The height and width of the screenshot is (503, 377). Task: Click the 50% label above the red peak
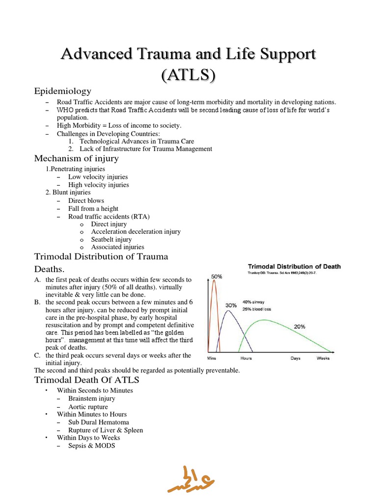click(216, 277)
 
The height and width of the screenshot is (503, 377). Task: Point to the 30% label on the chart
click(231, 305)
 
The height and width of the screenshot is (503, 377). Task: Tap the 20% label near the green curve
click(299, 326)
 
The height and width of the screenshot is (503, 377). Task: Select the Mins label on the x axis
click(212, 358)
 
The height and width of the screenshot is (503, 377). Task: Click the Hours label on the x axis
click(246, 358)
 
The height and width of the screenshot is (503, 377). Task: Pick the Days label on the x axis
click(295, 358)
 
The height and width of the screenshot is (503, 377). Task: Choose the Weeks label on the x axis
click(323, 358)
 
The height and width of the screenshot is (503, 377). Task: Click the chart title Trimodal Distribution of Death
click(294, 267)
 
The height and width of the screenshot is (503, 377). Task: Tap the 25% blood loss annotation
click(257, 309)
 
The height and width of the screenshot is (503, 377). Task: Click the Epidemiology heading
click(62, 91)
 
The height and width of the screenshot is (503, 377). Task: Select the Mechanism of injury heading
click(76, 158)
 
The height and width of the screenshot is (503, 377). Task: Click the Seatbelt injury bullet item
click(111, 239)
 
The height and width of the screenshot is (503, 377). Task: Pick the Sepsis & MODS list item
click(92, 446)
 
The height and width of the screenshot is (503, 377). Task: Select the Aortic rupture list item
click(88, 407)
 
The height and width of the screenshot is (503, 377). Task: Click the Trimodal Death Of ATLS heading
click(86, 380)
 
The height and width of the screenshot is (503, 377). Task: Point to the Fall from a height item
click(93, 208)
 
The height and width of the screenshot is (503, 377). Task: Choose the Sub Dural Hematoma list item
click(99, 422)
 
